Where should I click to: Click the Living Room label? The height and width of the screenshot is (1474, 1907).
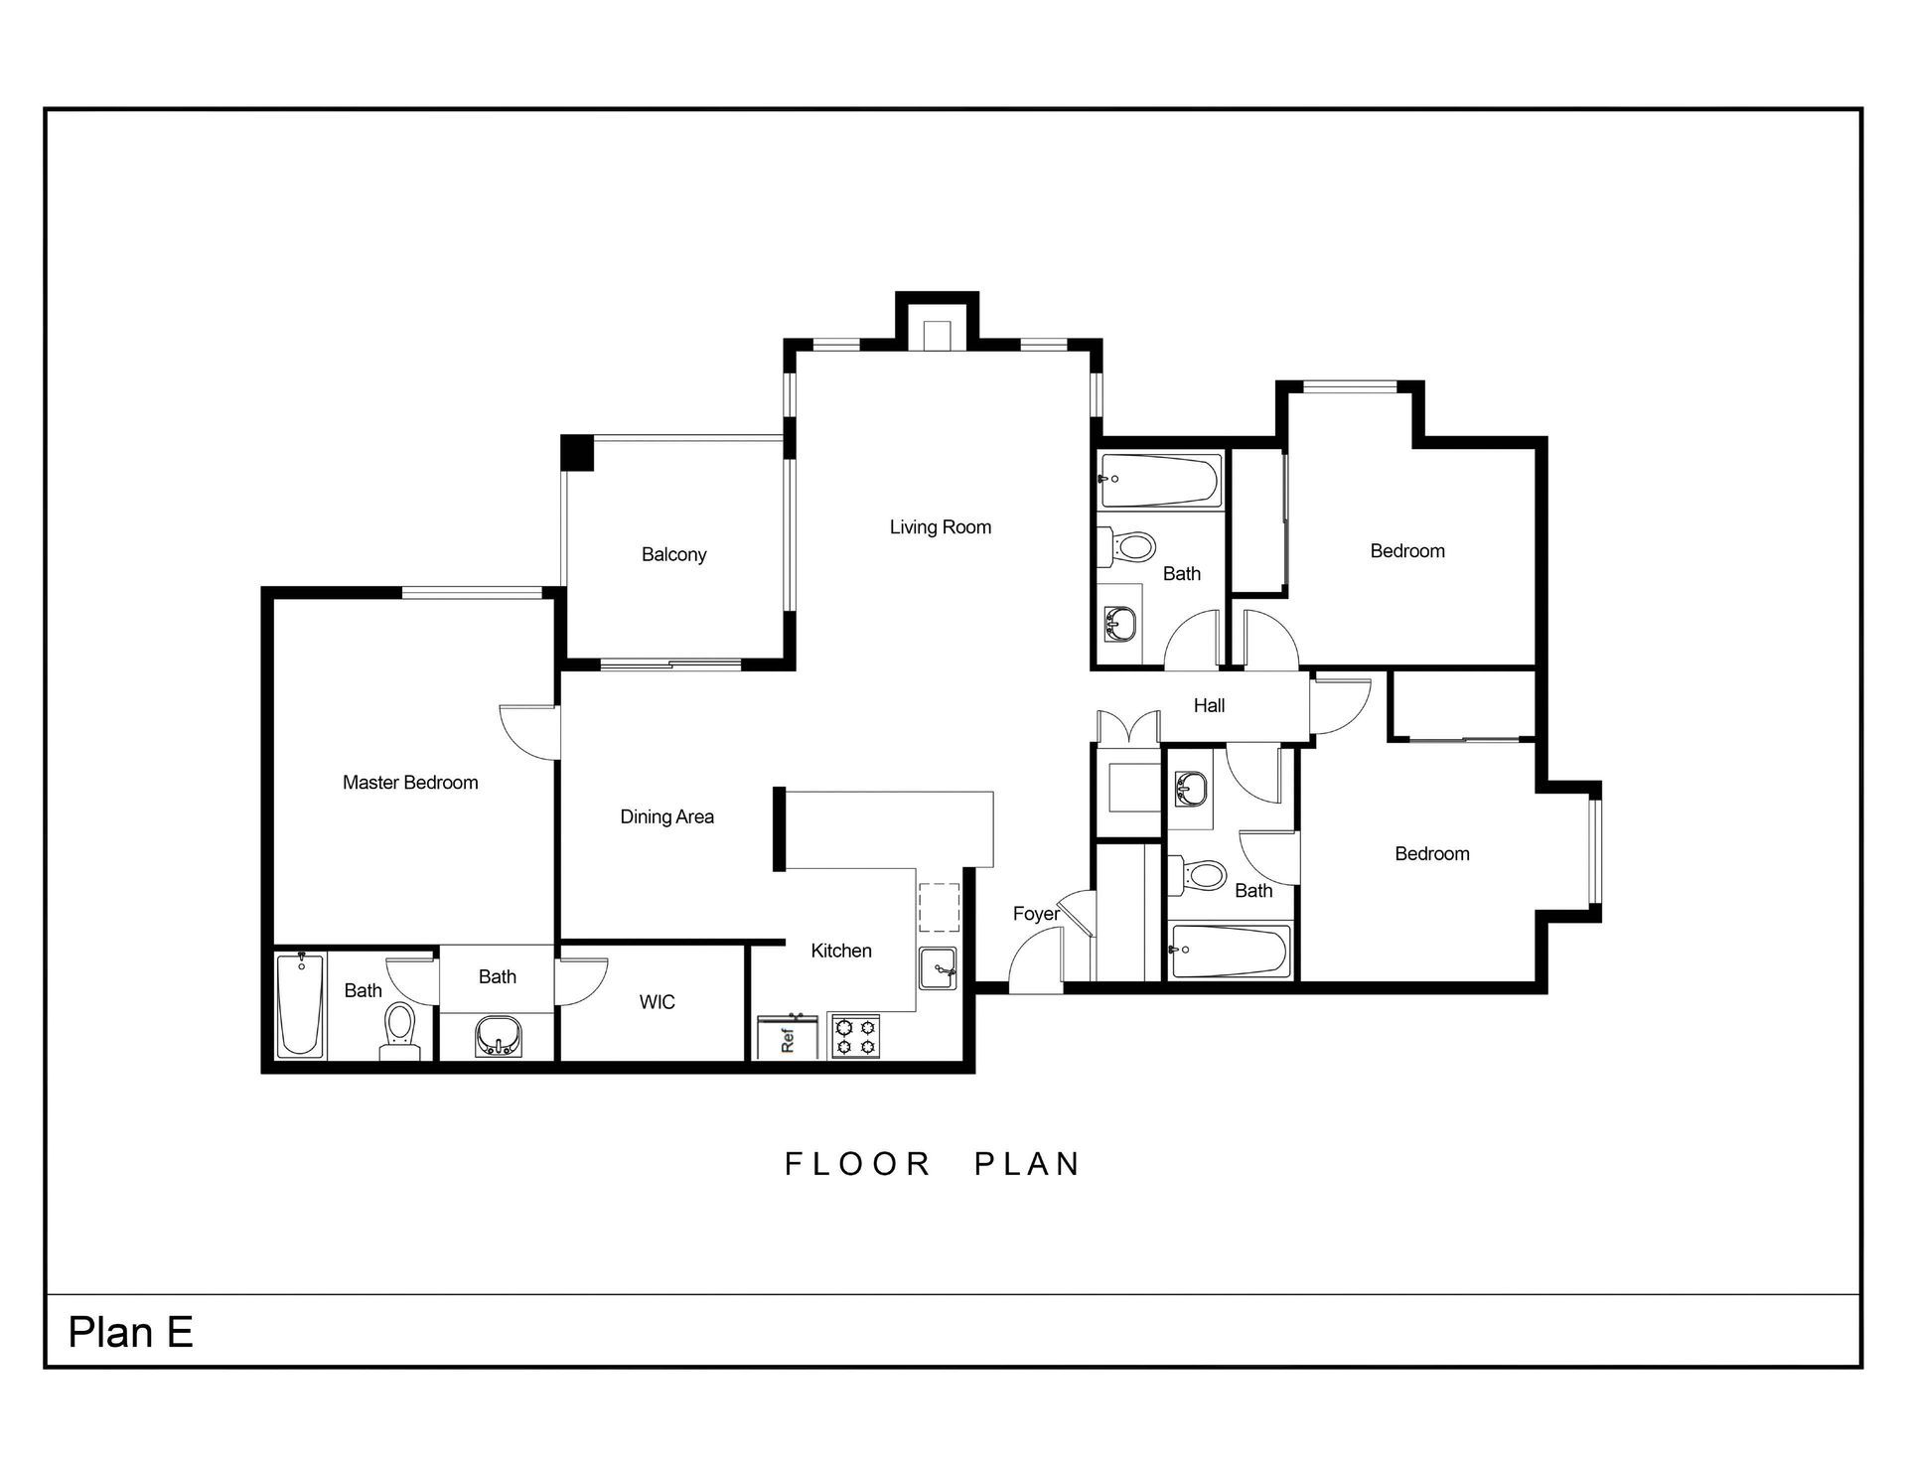click(940, 527)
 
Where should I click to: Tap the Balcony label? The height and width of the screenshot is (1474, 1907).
click(673, 554)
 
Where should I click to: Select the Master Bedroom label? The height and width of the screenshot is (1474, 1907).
click(410, 783)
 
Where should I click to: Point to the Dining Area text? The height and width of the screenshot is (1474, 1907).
click(666, 816)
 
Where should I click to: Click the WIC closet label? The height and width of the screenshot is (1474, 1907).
click(657, 1002)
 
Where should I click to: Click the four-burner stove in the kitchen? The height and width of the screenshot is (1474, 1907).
click(855, 1036)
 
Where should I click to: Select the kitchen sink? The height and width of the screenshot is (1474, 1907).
click(938, 967)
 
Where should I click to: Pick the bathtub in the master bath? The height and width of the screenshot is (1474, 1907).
click(300, 1005)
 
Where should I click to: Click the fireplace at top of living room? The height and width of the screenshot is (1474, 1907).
click(938, 335)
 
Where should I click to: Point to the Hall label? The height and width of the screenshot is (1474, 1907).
click(1209, 705)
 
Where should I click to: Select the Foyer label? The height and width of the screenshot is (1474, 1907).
click(1035, 914)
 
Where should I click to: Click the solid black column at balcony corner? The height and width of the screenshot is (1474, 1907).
click(577, 453)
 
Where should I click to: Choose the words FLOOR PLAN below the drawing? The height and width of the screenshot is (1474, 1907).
click(932, 1163)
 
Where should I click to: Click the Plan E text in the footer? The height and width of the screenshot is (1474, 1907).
click(130, 1332)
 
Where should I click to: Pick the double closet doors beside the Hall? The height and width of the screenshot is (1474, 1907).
click(1128, 726)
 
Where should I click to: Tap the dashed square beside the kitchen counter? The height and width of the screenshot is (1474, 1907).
click(939, 906)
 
